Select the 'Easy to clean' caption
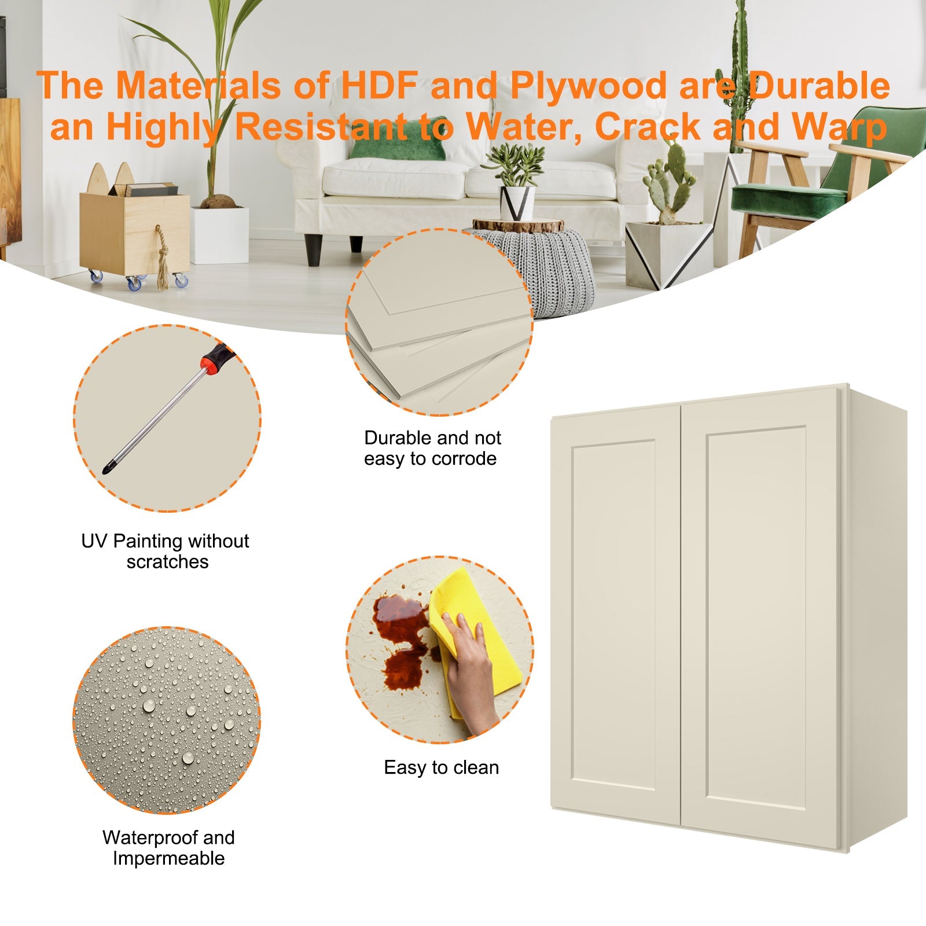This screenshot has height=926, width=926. (x=441, y=767)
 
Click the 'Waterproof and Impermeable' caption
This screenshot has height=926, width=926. (x=168, y=848)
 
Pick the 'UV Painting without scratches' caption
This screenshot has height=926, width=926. (x=166, y=551)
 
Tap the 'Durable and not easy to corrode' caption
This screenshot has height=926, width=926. (x=432, y=448)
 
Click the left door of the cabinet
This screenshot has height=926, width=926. (x=615, y=613)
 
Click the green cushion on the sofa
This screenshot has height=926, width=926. (x=398, y=145)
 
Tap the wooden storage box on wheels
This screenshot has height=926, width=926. (x=134, y=231)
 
